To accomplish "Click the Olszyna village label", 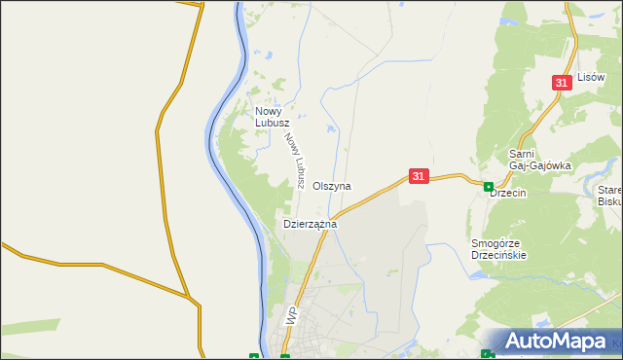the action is (332, 186).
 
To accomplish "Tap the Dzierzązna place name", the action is (310, 224).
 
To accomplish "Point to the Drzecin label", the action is (508, 193).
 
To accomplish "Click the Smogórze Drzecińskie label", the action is (498, 249).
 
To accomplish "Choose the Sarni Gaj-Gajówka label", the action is (539, 160).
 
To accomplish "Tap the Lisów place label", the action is (591, 76).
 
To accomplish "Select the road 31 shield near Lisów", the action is (561, 84).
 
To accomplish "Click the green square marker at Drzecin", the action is (488, 186).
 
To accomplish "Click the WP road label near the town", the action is (291, 316).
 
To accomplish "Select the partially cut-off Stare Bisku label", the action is (610, 196).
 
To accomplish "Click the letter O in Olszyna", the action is (317, 186).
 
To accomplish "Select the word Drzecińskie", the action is (498, 255).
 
